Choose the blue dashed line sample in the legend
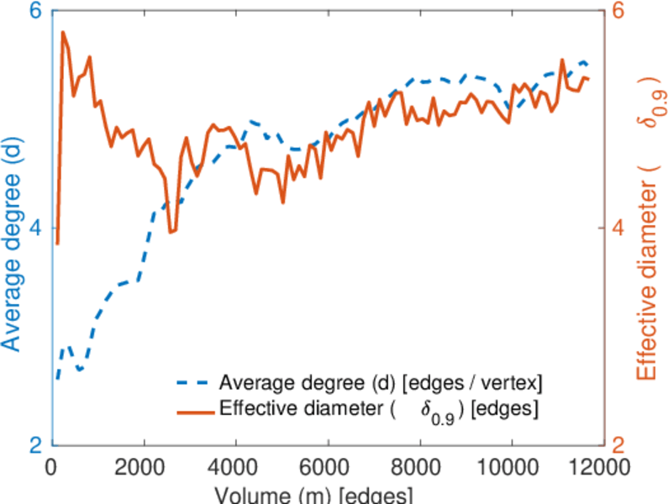tap(194, 384)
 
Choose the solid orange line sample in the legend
tap(194, 410)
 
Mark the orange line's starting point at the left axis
tap(57, 244)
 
